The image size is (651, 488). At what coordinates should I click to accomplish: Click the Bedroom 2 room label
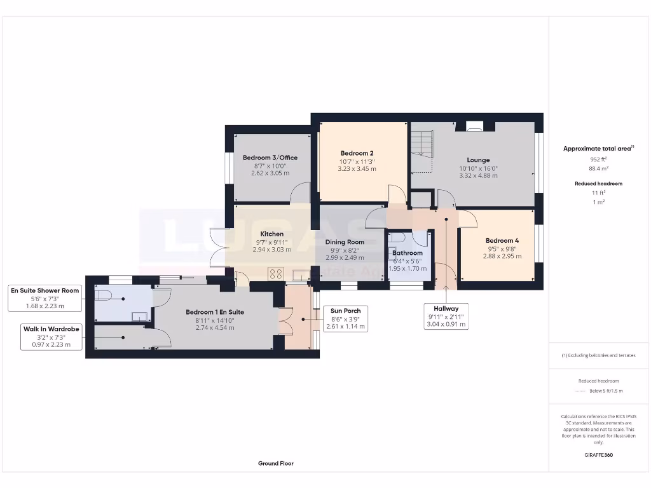pos(357,153)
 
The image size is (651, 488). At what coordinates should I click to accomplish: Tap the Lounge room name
pos(478,160)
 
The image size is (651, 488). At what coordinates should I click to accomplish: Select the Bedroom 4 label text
pos(502,241)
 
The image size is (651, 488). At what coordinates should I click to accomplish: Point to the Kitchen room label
pos(271,234)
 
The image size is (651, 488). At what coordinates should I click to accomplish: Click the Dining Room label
pos(345,242)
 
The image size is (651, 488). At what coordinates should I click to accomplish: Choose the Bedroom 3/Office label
pos(270,158)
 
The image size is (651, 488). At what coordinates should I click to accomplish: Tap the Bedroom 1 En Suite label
pos(215,312)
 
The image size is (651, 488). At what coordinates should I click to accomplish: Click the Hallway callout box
pos(446,316)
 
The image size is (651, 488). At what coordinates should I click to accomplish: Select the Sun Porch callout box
pos(346,318)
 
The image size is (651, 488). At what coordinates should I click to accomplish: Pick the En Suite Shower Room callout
pos(45,298)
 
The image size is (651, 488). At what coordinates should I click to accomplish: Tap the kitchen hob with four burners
pos(277,274)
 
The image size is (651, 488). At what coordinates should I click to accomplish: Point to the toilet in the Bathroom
pos(398,237)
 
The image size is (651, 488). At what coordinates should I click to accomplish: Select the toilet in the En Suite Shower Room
pos(104,294)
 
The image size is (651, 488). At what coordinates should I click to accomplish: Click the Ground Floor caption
pos(276,464)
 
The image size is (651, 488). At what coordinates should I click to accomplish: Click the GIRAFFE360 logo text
pos(598,455)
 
